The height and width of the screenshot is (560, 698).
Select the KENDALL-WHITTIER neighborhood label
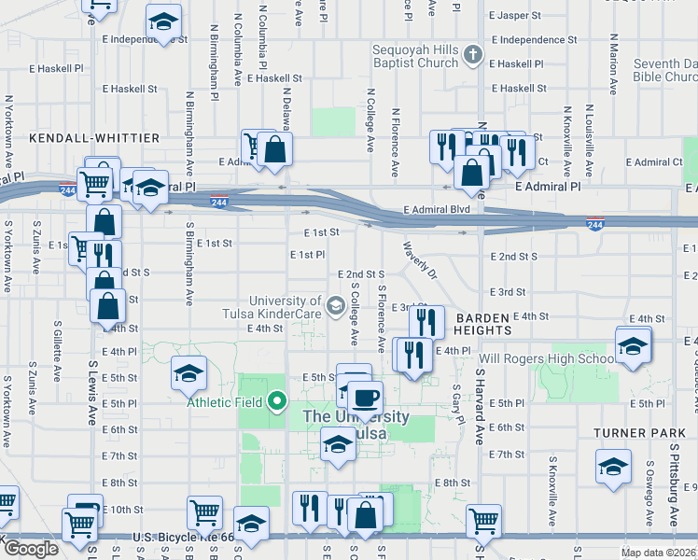tap(94, 138)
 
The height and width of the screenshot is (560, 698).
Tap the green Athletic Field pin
tap(277, 402)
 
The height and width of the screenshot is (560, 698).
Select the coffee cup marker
tap(366, 397)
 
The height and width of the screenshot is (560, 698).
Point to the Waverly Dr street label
tap(419, 261)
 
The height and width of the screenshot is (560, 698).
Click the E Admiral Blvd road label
tap(436, 210)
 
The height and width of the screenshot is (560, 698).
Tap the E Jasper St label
tap(515, 16)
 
